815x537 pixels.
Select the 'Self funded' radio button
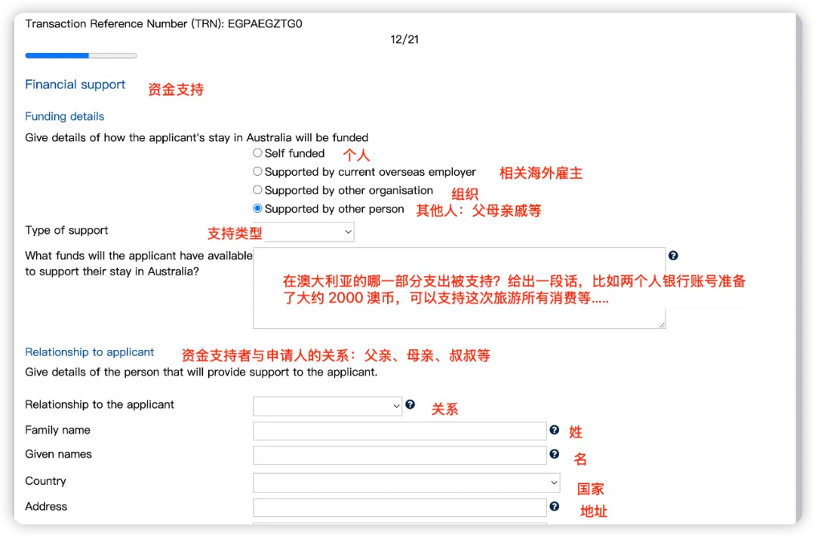[x=257, y=153]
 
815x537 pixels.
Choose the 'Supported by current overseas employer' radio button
[x=257, y=172]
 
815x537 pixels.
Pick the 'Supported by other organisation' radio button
[x=257, y=190]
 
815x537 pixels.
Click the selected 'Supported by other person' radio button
[x=257, y=209]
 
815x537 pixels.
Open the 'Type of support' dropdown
[x=309, y=232]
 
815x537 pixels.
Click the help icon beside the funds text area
[x=673, y=256]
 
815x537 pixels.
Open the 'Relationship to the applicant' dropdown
[x=328, y=406]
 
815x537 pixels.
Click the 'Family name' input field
[x=399, y=431]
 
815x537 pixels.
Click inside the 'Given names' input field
[x=399, y=456]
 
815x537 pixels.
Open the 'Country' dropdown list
[x=406, y=483]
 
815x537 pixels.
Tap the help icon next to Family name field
[x=555, y=430]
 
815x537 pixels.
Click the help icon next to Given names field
[x=555, y=454]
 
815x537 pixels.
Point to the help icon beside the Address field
[x=555, y=507]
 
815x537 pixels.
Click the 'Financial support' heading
[x=75, y=84]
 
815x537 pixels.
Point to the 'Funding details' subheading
[x=65, y=116]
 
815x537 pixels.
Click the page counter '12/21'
[x=404, y=39]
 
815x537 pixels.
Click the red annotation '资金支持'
[x=176, y=90]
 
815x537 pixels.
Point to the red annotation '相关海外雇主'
[x=541, y=173]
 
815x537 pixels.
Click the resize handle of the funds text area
[x=662, y=325]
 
